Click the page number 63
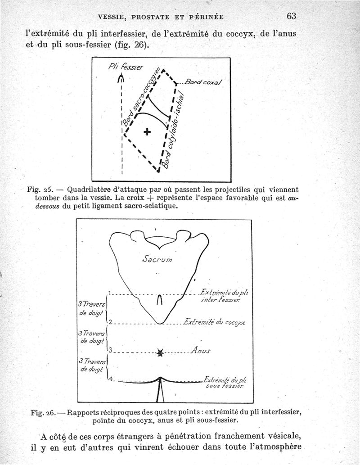[290, 16]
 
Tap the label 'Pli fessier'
[126, 68]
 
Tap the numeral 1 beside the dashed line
[110, 292]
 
